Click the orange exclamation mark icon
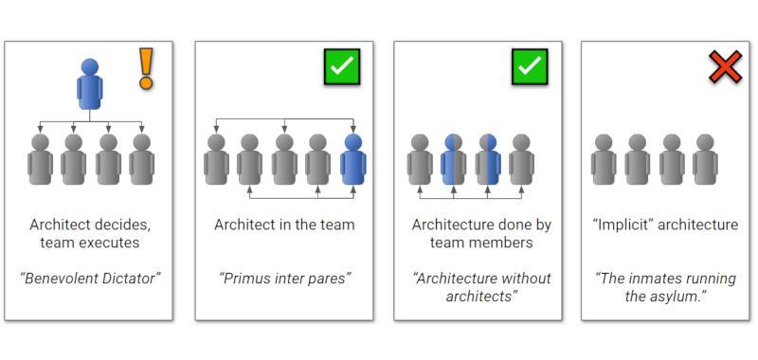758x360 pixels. point(146,68)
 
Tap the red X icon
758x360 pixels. point(725,67)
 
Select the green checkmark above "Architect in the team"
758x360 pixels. point(342,66)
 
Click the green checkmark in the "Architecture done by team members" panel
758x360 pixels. point(530,66)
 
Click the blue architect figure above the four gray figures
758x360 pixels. point(89,84)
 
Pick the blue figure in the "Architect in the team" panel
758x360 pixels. point(353,159)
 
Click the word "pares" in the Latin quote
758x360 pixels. point(330,279)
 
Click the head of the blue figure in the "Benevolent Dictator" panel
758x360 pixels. point(89,66)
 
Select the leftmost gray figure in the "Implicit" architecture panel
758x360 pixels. point(604,159)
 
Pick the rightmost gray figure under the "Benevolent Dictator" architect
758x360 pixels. point(141,159)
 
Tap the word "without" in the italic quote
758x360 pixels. point(524,279)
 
